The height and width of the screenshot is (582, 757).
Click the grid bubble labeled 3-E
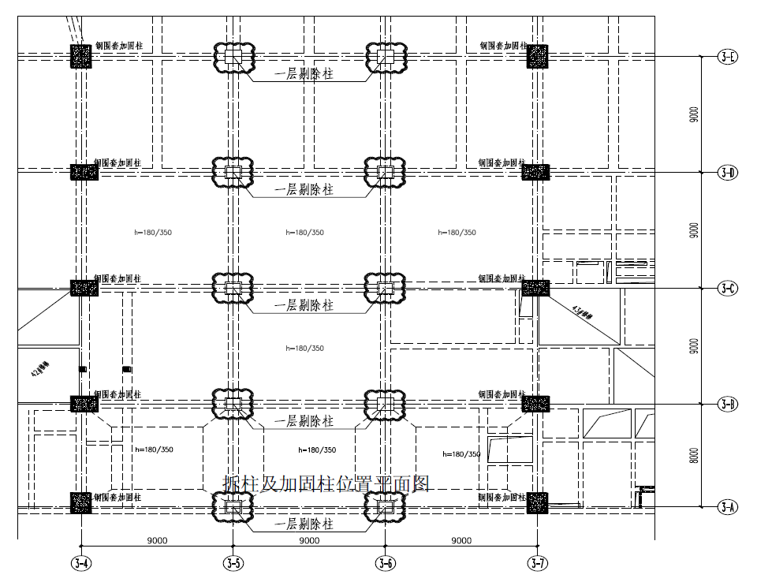[x=727, y=57]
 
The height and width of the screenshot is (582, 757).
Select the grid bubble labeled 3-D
[x=727, y=173]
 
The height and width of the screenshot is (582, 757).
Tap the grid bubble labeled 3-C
[x=727, y=289]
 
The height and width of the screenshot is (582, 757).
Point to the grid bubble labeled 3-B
[x=727, y=405]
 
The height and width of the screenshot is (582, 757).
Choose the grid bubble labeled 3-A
[x=727, y=507]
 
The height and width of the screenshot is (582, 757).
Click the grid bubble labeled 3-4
[x=81, y=563]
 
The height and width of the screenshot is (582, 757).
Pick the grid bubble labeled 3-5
[x=233, y=563]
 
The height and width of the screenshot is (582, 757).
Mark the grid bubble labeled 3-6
[x=385, y=563]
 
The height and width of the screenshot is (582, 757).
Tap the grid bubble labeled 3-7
[x=537, y=563]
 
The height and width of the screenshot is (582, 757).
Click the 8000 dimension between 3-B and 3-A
[x=693, y=456]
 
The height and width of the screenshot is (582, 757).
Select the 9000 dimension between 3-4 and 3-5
[x=157, y=541]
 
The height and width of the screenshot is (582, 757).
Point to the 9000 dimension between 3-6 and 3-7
[x=461, y=541]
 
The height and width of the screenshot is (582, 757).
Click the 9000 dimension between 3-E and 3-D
[x=693, y=114]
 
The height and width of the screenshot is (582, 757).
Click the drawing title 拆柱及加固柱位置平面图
[x=326, y=483]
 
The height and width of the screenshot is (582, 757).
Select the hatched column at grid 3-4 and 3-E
[x=81, y=56]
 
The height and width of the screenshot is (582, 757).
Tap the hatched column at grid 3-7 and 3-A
[x=537, y=503]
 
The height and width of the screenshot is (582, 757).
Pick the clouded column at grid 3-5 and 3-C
[x=233, y=288]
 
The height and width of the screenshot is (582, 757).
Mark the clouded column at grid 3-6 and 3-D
[x=385, y=172]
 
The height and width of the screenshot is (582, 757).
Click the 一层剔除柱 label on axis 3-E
[x=304, y=75]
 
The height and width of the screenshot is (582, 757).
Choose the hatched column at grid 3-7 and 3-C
[x=535, y=288]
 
